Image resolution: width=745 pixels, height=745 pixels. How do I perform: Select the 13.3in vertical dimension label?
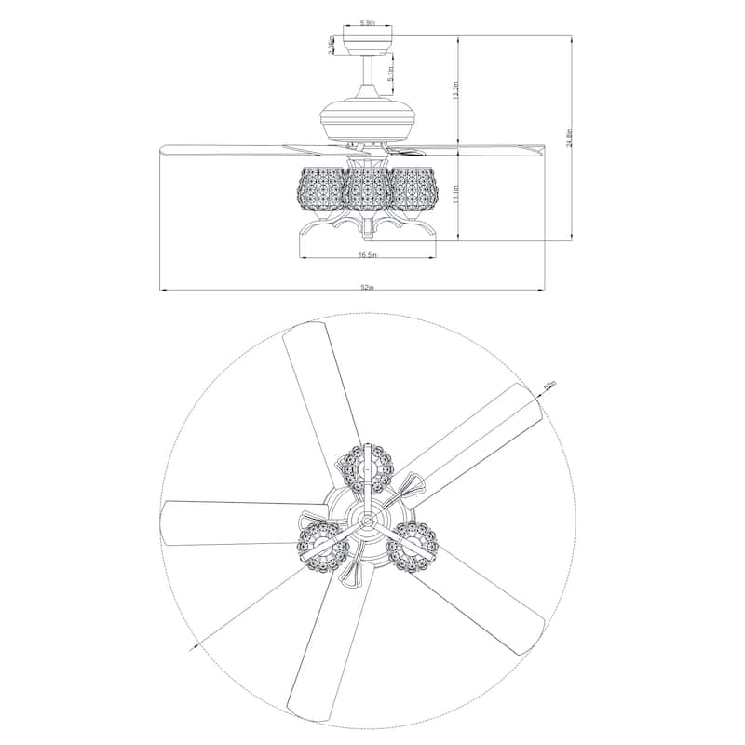click(455, 90)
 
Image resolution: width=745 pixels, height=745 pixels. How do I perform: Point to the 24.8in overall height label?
click(568, 138)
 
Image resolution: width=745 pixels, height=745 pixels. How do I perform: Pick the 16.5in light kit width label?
click(367, 253)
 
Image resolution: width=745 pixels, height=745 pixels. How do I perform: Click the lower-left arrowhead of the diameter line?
click(197, 644)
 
